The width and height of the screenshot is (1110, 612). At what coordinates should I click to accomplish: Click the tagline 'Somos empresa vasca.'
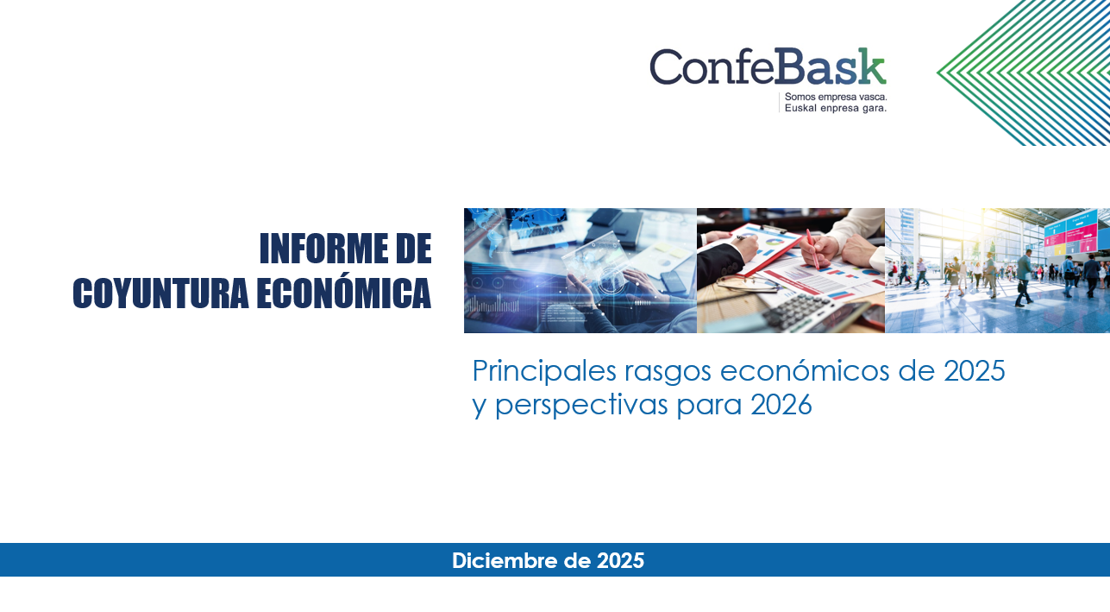tap(835, 97)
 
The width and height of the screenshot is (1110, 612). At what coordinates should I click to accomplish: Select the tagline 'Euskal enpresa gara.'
tap(835, 108)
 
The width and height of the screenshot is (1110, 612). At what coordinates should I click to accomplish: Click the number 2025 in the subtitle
tap(974, 371)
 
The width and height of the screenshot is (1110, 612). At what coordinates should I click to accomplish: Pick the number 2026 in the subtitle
tap(781, 404)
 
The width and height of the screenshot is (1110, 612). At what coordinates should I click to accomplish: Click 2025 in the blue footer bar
tap(620, 560)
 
